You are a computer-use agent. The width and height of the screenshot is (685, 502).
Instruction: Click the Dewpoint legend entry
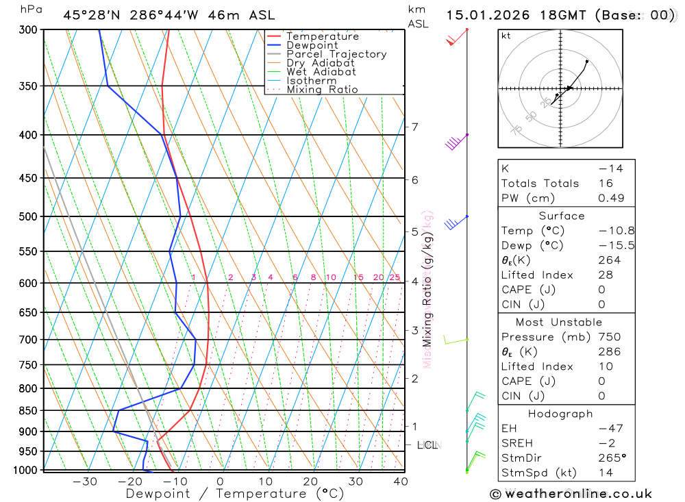312,45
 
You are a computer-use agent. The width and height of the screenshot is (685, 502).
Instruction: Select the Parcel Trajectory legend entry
336,54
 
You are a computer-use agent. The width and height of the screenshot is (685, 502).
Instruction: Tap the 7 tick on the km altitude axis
414,127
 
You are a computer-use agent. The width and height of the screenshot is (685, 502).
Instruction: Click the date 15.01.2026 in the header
485,15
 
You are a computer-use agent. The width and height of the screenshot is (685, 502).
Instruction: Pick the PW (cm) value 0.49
611,198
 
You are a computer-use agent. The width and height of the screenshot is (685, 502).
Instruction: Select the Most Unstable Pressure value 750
609,337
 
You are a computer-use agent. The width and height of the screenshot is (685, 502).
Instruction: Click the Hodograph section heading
561,414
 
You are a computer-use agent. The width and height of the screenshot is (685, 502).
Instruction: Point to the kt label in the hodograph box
506,36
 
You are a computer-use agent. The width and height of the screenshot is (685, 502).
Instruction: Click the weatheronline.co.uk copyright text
571,493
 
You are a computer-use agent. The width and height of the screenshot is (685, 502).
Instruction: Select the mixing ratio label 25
395,277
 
